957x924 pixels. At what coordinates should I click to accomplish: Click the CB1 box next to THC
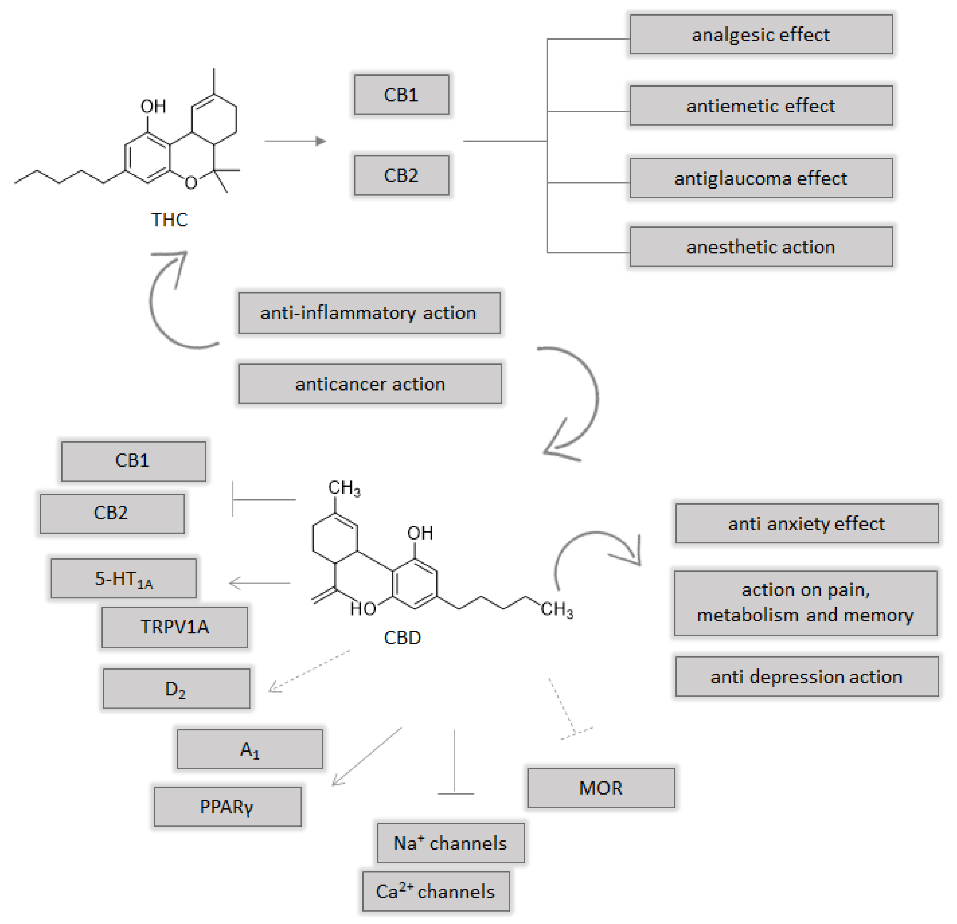tap(401, 95)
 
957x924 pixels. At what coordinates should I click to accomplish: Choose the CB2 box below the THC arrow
tap(401, 175)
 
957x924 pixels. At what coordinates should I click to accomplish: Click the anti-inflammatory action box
tap(369, 313)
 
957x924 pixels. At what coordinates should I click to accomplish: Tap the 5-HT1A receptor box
tap(124, 578)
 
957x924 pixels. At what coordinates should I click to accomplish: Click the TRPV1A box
tap(174, 627)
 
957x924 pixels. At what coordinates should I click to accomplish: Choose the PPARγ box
tap(227, 807)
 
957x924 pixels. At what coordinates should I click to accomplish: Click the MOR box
tap(601, 788)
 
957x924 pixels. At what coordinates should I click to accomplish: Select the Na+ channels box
tap(450, 843)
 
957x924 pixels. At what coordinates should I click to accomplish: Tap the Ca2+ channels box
tap(436, 891)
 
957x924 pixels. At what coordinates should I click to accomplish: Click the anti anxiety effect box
tap(807, 523)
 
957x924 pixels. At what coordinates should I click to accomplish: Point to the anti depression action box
tap(807, 676)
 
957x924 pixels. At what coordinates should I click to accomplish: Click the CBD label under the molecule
tap(402, 637)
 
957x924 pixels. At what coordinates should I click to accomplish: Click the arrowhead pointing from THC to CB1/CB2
tap(320, 141)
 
